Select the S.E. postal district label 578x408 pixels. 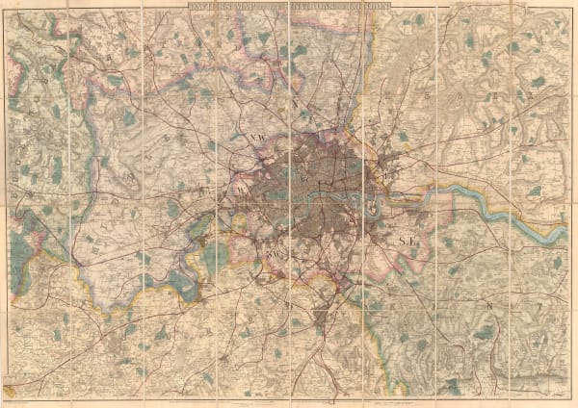click(407, 234)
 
